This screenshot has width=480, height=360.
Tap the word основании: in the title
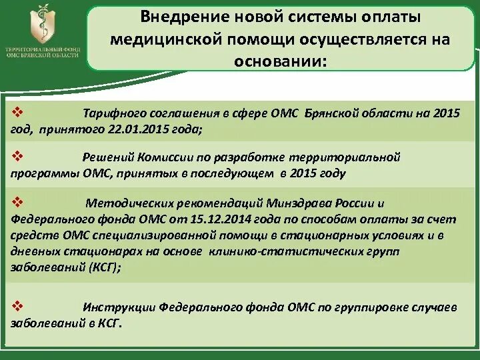[280, 61]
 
